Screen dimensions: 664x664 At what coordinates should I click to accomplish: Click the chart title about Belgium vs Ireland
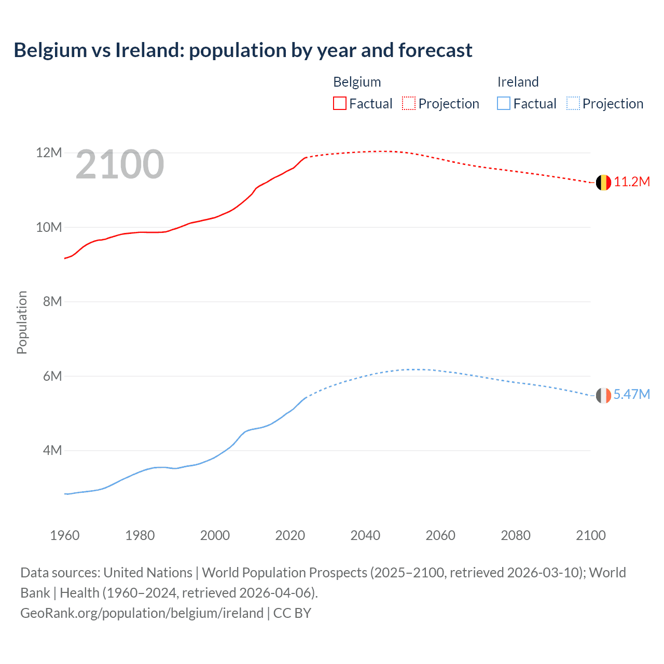pyautogui.click(x=243, y=50)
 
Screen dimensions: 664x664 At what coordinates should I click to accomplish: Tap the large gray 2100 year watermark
pyautogui.click(x=120, y=165)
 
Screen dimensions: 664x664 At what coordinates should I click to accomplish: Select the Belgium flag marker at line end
pyautogui.click(x=603, y=183)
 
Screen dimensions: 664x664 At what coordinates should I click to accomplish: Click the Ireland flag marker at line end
pyautogui.click(x=603, y=396)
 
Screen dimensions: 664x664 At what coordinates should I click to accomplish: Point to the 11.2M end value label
pyautogui.click(x=631, y=182)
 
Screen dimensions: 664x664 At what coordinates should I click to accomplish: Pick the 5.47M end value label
pyautogui.click(x=631, y=394)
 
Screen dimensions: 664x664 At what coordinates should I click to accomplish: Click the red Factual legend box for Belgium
pyautogui.click(x=340, y=104)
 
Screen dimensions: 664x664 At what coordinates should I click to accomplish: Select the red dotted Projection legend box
pyautogui.click(x=409, y=104)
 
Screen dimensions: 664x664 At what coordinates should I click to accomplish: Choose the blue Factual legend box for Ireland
pyautogui.click(x=504, y=104)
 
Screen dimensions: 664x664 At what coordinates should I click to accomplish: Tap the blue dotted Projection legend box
pyautogui.click(x=573, y=104)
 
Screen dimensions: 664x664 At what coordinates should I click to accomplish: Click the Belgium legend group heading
pyautogui.click(x=357, y=82)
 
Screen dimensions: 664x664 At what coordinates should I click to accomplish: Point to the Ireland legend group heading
pyautogui.click(x=518, y=82)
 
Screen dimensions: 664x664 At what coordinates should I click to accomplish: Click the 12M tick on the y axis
pyautogui.click(x=49, y=153)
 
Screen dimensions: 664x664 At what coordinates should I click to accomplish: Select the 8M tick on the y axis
pyautogui.click(x=52, y=301)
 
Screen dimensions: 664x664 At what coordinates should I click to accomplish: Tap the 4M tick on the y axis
pyautogui.click(x=52, y=450)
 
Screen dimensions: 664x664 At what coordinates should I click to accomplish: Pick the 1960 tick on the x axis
pyautogui.click(x=65, y=535)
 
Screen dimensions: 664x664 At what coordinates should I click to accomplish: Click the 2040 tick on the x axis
pyautogui.click(x=365, y=535)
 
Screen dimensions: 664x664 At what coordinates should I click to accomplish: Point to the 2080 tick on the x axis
pyautogui.click(x=516, y=535)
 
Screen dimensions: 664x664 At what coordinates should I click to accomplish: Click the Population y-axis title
pyautogui.click(x=22, y=322)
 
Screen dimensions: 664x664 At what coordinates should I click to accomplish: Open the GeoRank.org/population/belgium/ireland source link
pyautogui.click(x=142, y=613)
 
